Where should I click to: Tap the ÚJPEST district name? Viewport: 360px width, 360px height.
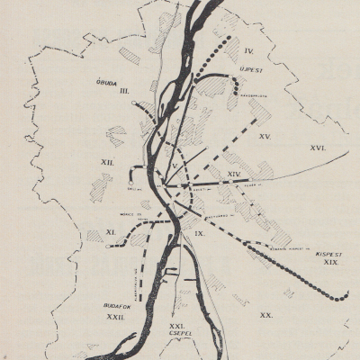(x=251, y=66)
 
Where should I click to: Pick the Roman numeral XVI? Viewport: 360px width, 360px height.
(x=317, y=147)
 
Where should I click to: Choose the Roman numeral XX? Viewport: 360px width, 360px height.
(x=265, y=315)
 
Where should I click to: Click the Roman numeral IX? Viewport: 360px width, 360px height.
(x=200, y=233)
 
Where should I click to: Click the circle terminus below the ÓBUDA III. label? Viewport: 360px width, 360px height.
(x=134, y=104)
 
